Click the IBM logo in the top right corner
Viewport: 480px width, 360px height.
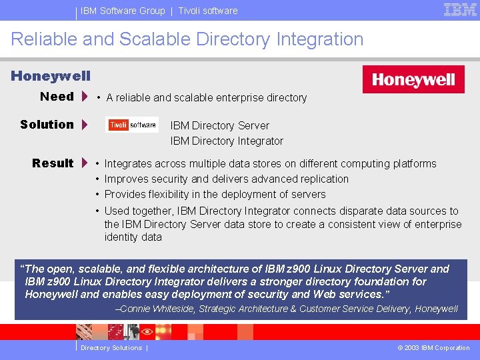[460, 9]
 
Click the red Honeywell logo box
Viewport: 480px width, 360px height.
[413, 80]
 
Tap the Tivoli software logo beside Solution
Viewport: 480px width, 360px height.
[132, 125]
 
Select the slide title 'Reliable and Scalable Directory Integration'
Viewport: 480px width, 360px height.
[187, 39]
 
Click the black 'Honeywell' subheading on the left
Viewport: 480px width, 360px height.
[51, 77]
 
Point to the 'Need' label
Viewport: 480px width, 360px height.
[57, 97]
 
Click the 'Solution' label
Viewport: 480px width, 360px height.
[47, 125]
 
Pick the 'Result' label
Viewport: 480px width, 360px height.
[53, 163]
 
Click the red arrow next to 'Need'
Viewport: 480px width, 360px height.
[85, 97]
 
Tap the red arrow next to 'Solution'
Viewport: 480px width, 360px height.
[85, 125]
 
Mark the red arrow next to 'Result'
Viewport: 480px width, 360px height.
[85, 163]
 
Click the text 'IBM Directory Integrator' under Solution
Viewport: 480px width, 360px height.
[227, 141]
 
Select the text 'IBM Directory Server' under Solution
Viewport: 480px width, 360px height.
[220, 125]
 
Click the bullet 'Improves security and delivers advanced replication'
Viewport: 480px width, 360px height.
[227, 179]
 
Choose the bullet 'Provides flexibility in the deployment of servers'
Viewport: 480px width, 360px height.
[215, 194]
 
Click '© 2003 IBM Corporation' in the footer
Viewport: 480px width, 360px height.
[433, 348]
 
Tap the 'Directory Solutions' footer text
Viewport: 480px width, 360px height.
[111, 348]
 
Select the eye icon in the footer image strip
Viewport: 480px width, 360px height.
[147, 331]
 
